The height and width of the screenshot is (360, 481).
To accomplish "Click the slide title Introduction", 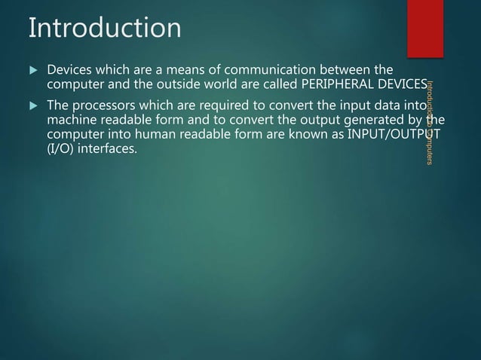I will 104,28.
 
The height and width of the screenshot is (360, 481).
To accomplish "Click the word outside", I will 181,83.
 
